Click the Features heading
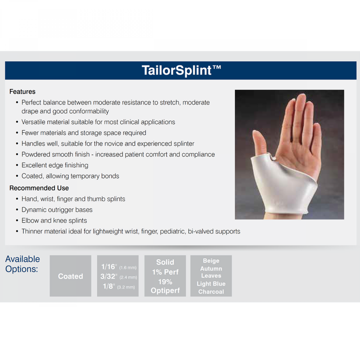pos(22,92)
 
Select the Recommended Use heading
pos(39,188)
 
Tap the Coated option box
pos(70,276)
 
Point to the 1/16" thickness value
pos(109,267)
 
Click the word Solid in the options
pos(165,262)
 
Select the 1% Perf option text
pos(165,272)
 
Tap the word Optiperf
pos(165,291)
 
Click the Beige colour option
pos(211,261)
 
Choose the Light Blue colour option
pos(211,284)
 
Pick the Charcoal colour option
pos(211,292)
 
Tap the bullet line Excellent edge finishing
pos(55,165)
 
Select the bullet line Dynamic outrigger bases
pos(57,210)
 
